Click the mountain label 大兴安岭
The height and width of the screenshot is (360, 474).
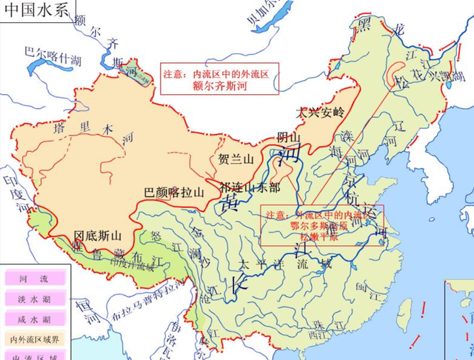[320, 113]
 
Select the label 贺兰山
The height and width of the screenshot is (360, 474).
[236, 159]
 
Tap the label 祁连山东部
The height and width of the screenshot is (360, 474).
[250, 186]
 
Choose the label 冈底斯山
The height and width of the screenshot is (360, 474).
[97, 236]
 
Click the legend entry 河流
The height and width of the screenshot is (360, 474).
[33, 279]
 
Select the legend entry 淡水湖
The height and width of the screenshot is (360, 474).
[33, 299]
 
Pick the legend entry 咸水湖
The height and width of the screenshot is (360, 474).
[33, 319]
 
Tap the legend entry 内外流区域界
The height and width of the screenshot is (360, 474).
[33, 339]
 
